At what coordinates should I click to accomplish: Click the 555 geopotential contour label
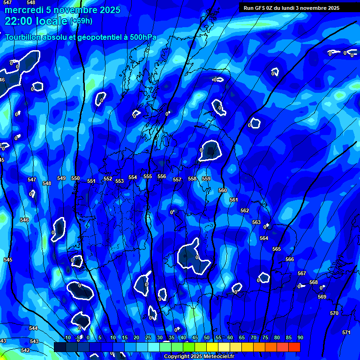(x=148, y=176)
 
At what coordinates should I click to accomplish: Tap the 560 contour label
(x=223, y=190)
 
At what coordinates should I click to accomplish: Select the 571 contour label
(x=346, y=332)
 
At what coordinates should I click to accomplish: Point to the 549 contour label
(x=61, y=178)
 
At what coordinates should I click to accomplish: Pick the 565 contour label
(x=277, y=249)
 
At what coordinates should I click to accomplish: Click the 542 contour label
(x=25, y=350)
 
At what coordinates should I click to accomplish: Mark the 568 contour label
(x=314, y=282)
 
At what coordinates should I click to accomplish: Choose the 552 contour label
(x=108, y=179)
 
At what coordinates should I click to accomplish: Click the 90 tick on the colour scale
(x=300, y=337)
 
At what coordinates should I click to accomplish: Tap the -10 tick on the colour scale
(x=67, y=337)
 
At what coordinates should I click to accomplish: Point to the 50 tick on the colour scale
(x=207, y=337)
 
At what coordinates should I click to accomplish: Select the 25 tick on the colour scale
(x=148, y=337)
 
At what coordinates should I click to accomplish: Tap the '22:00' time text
(x=18, y=21)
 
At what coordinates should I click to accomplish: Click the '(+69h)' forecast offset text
(x=81, y=21)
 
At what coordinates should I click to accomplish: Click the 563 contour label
(x=256, y=222)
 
